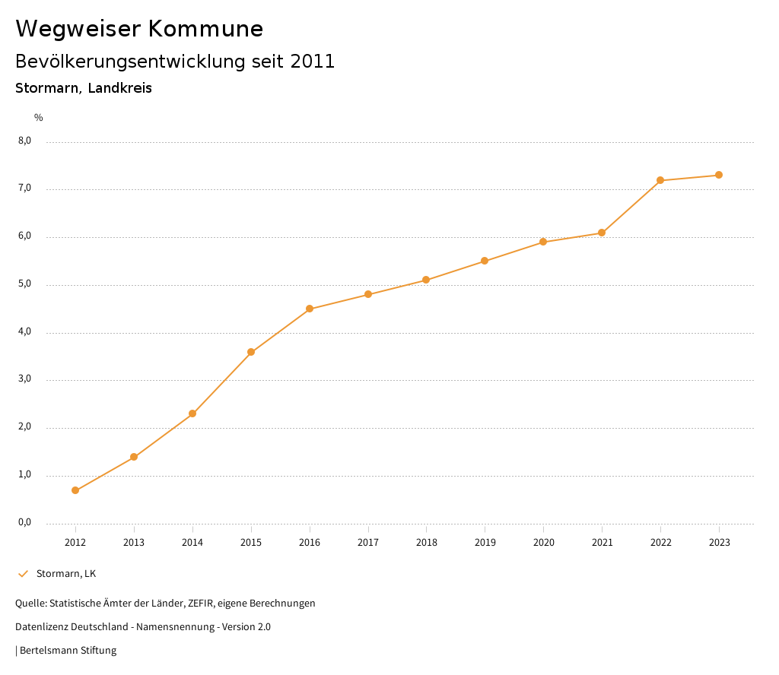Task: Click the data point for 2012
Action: [75, 490]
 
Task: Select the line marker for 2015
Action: [251, 352]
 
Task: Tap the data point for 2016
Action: [310, 309]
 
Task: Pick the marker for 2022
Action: [660, 180]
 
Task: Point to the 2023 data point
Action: [719, 175]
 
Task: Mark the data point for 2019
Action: [485, 261]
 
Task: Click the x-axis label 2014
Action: [192, 542]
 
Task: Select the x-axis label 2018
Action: [426, 542]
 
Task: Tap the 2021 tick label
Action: [602, 542]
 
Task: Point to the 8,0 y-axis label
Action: [25, 141]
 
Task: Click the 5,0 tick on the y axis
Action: [25, 284]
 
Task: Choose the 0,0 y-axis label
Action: [25, 522]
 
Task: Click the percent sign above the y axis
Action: [39, 117]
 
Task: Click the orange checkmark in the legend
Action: [23, 573]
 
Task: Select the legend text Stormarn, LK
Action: [66, 573]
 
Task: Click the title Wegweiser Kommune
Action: [139, 29]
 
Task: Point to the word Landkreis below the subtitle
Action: [119, 88]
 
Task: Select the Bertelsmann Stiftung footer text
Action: [68, 650]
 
